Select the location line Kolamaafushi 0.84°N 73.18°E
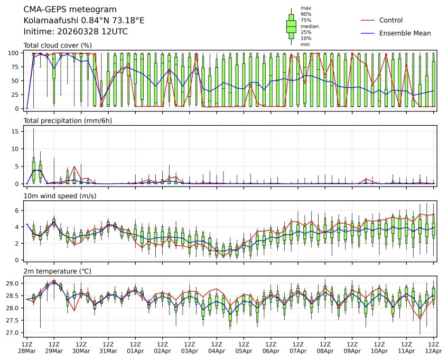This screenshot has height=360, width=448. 84,21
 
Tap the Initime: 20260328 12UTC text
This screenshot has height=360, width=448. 76,32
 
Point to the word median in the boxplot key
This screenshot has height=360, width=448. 310,26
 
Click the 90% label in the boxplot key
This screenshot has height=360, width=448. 306,14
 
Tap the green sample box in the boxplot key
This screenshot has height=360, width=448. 291,26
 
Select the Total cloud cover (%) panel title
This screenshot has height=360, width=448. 58,45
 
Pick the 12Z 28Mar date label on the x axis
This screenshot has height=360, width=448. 26,347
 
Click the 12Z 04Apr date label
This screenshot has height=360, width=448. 217,347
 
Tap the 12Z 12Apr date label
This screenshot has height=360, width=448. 433,347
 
